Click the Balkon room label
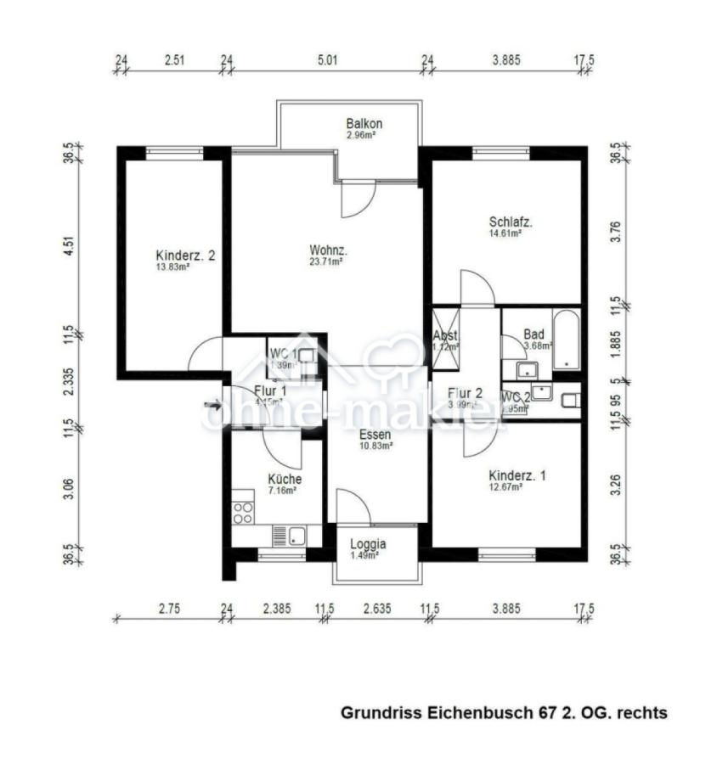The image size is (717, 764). coord(364,123)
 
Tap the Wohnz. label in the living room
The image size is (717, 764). coord(329,250)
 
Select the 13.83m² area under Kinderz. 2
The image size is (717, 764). coord(172,267)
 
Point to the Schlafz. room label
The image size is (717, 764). coord(510,222)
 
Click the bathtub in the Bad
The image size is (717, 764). coord(566,341)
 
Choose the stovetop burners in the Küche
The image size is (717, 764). coord(242,513)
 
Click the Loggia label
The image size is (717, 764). coord(368,544)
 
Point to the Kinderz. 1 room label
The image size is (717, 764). coord(517,475)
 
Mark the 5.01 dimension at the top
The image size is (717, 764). coord(327,60)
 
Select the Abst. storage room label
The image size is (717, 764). coord(445,335)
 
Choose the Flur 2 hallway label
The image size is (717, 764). coord(465,393)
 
